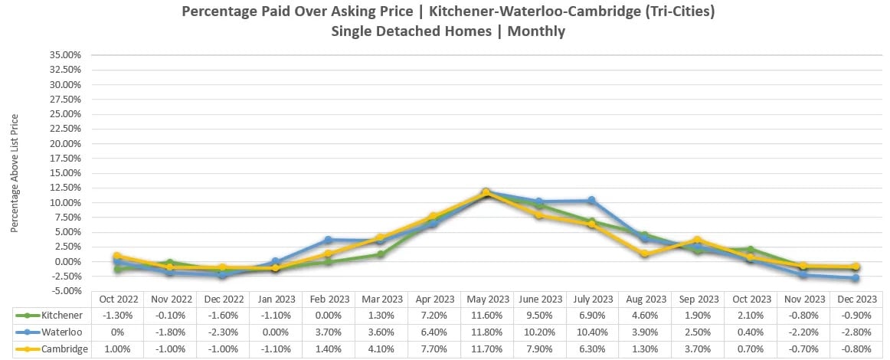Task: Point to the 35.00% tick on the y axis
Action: pos(65,55)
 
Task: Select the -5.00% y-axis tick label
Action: pos(67,291)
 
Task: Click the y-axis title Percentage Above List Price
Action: pos(15,173)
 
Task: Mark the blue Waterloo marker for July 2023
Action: pos(591,201)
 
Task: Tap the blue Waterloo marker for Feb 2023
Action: pos(328,240)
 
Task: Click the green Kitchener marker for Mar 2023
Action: pos(380,254)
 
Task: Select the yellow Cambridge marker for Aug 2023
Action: pos(645,254)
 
